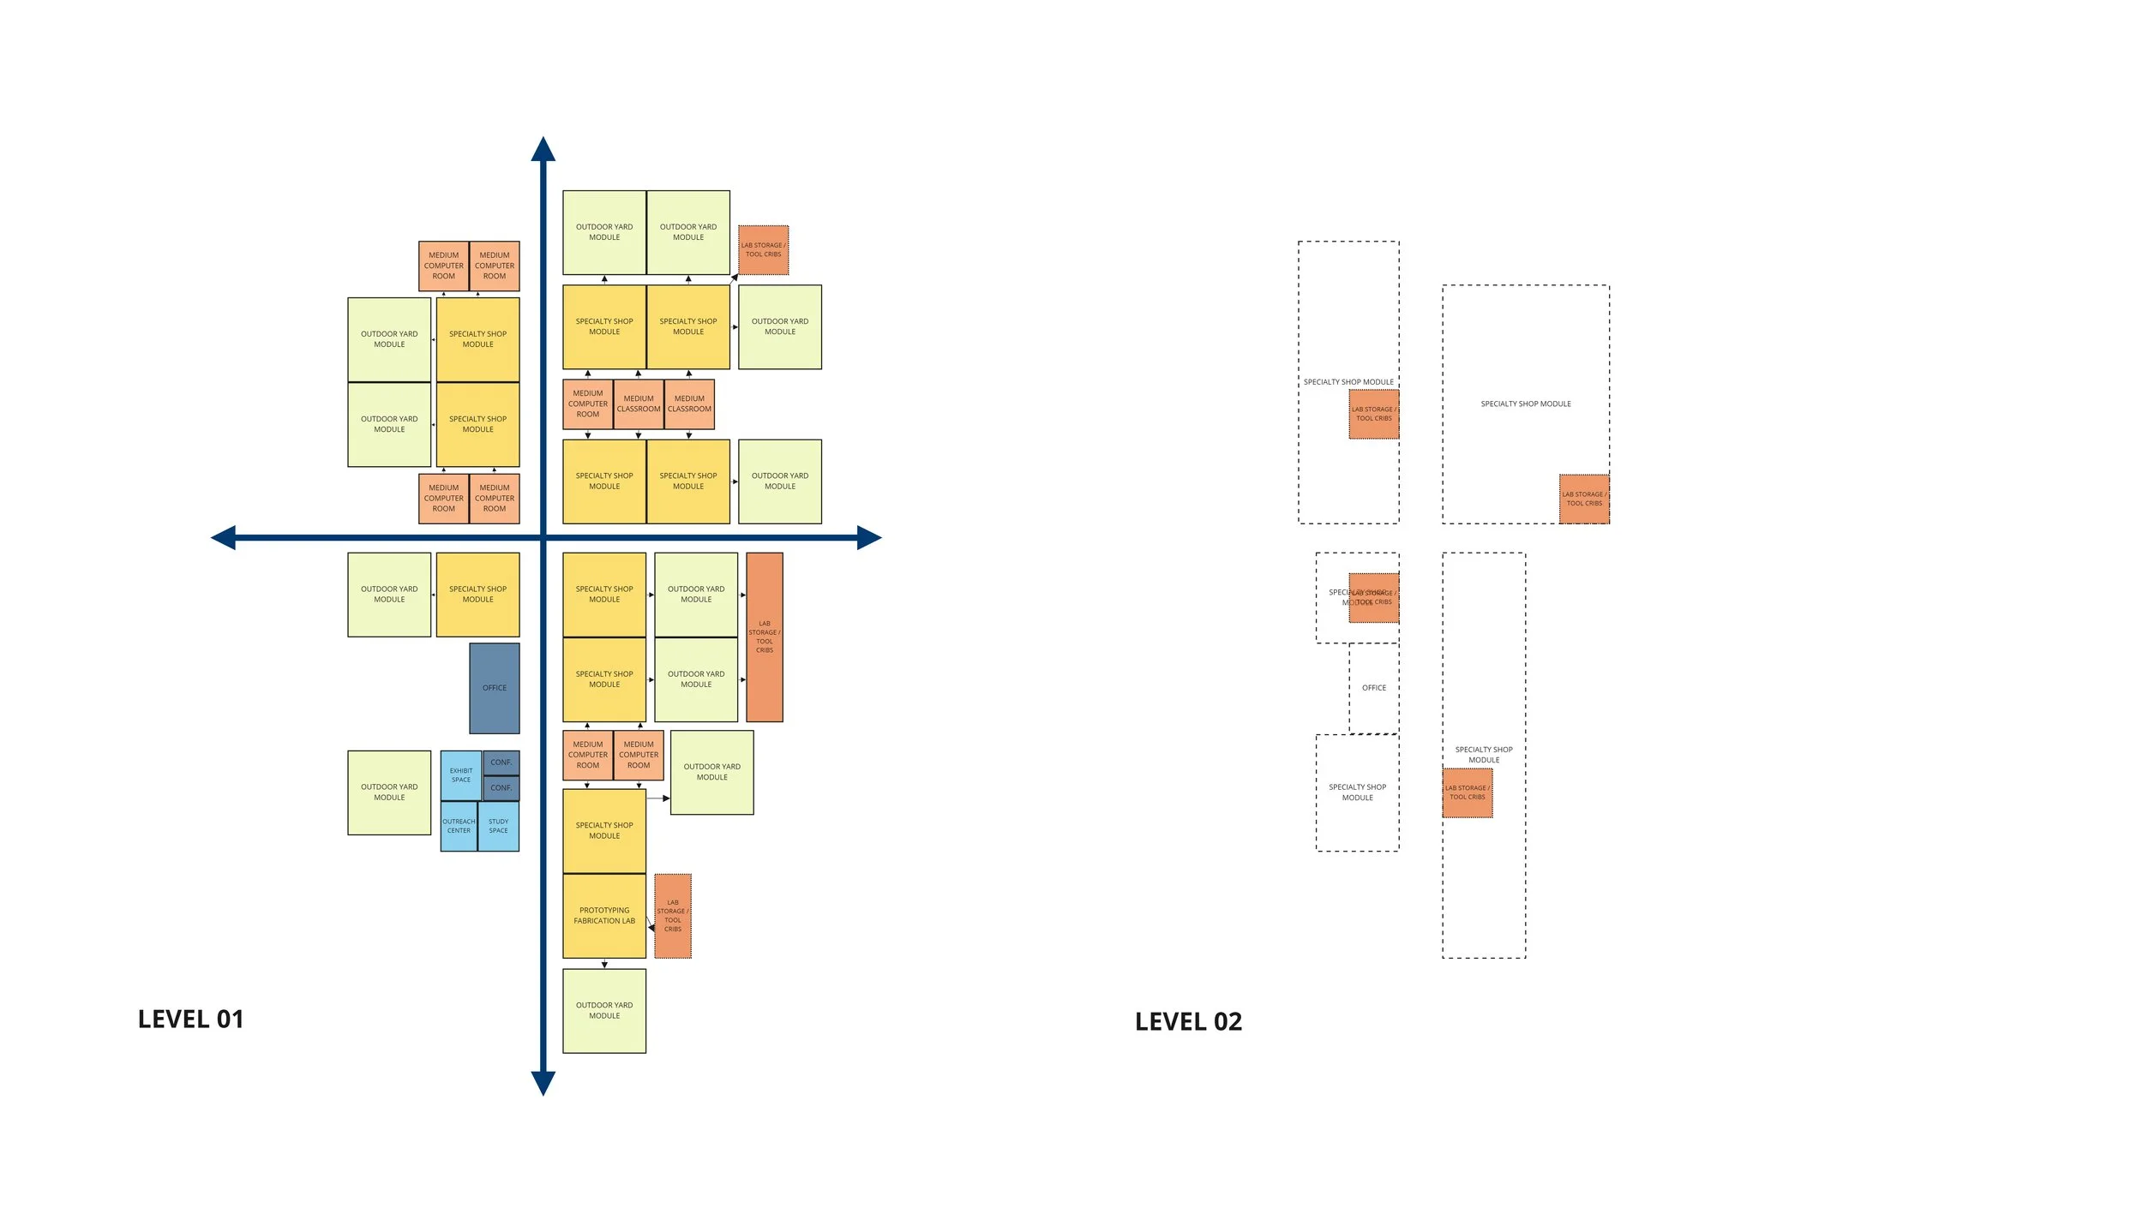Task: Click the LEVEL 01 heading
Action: tap(190, 1019)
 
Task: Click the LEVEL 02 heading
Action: tap(1188, 1021)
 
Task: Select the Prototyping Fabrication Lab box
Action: tap(604, 916)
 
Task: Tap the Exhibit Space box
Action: tap(461, 775)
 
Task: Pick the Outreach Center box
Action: tap(459, 826)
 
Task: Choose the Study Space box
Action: tap(499, 826)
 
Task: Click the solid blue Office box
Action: tap(495, 688)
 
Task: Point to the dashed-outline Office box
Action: tap(1374, 688)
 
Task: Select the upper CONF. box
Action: tap(501, 762)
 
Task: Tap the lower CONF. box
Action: tap(501, 788)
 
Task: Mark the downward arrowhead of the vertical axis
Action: tap(543, 1083)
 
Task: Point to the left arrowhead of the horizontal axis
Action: tap(224, 538)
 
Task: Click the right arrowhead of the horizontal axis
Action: tap(868, 538)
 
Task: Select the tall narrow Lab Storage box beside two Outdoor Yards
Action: tap(765, 637)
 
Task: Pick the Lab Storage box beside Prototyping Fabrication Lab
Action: tap(673, 916)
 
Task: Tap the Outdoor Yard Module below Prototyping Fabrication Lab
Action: tap(604, 1011)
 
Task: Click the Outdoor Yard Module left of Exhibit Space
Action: tap(389, 792)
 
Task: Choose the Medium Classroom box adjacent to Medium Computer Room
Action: tap(639, 404)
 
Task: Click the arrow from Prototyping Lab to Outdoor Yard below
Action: tap(604, 964)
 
